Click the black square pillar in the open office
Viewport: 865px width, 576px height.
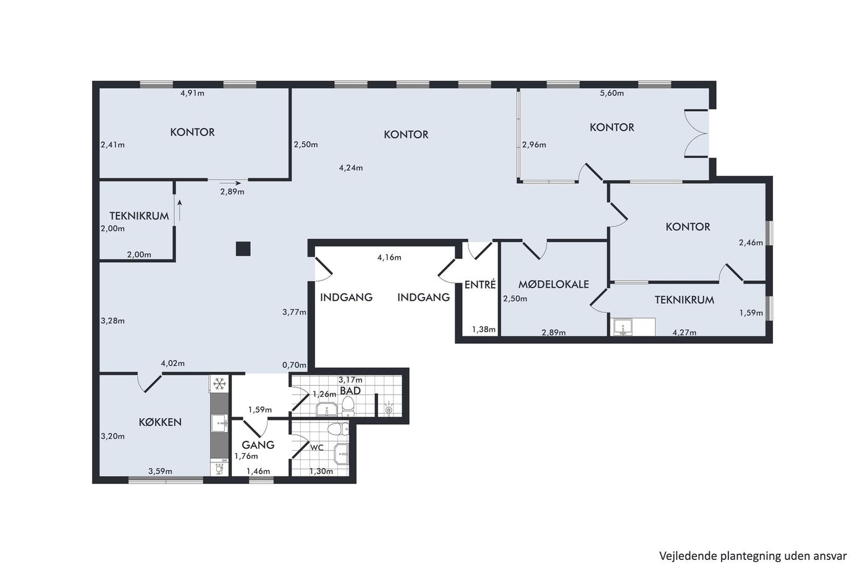[x=243, y=249]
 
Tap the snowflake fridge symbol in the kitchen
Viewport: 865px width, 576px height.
[x=220, y=383]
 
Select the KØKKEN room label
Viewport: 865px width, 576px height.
[x=160, y=422]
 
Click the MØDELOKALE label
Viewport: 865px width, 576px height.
[x=554, y=285]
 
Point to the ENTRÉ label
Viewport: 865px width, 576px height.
[x=480, y=285]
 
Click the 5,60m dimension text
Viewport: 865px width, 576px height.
[x=612, y=93]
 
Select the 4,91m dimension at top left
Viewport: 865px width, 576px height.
[x=192, y=93]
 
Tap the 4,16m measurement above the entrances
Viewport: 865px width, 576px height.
[x=389, y=257]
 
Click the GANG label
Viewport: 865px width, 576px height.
[x=258, y=445]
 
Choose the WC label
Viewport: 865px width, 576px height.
[x=317, y=448]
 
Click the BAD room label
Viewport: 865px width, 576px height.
[x=350, y=391]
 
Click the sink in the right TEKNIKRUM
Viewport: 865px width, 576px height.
[x=623, y=327]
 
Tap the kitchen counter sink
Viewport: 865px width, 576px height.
[x=220, y=424]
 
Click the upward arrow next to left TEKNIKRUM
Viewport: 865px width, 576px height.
[x=180, y=211]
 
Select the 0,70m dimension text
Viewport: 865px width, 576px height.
[x=294, y=365]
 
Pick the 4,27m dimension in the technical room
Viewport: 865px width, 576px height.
[x=685, y=332]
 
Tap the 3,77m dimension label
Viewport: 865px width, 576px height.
[x=294, y=312]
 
